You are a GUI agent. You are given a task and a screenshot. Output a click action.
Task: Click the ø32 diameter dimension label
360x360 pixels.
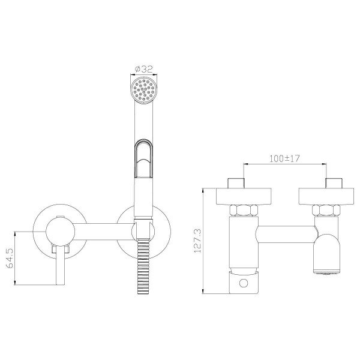pyautogui.click(x=144, y=69)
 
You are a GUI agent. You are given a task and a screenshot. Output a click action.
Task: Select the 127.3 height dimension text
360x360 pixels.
pyautogui.click(x=197, y=241)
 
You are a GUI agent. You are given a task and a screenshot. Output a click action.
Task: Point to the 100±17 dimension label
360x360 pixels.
pyautogui.click(x=284, y=158)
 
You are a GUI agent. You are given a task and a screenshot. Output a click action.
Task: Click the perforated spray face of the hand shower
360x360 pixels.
pyautogui.click(x=144, y=89)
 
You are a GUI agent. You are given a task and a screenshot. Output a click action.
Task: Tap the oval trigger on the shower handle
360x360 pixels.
pyautogui.click(x=143, y=158)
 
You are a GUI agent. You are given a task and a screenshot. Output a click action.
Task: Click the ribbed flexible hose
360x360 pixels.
pyautogui.click(x=143, y=266)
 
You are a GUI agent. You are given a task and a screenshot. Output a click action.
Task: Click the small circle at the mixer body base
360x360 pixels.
pyautogui.click(x=244, y=283)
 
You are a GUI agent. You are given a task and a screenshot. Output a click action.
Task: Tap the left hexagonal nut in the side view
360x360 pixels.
pyautogui.click(x=244, y=210)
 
